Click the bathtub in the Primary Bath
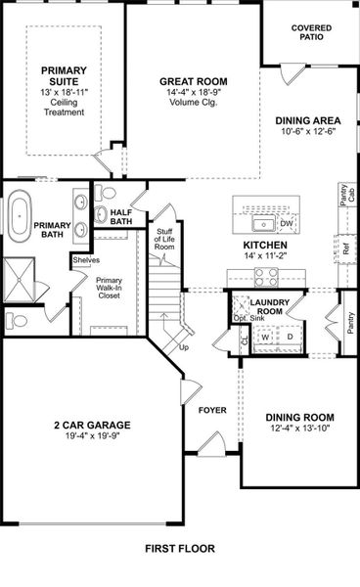coord(22,217)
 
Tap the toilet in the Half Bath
coord(108,192)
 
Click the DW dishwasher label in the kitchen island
coord(287,224)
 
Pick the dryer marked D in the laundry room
coord(290,337)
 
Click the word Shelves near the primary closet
coord(86,259)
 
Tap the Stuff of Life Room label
coord(164,240)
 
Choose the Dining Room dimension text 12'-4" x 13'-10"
coord(294,429)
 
